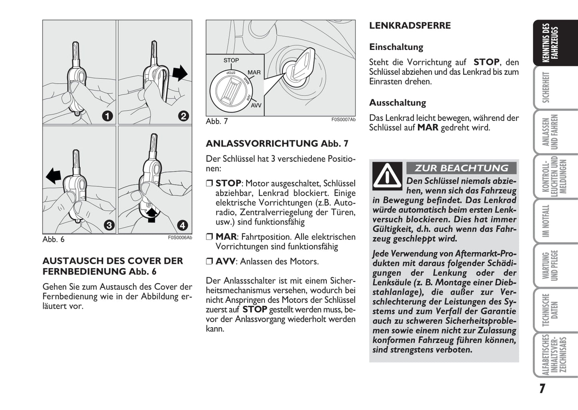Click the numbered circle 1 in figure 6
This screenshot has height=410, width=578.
click(x=107, y=116)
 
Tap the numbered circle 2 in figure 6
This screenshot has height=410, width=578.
click(x=183, y=116)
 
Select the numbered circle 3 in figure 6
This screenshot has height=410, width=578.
click(x=109, y=225)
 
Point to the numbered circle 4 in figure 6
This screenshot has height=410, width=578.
click(x=182, y=225)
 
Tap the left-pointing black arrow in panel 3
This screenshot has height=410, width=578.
click(x=53, y=175)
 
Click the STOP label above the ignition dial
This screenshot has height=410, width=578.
click(x=231, y=60)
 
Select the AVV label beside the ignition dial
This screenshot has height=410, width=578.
click(x=256, y=105)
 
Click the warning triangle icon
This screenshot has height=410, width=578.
click(x=387, y=176)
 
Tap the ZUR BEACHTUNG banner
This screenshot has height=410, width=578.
click(x=461, y=168)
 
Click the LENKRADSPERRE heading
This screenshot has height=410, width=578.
click(x=410, y=26)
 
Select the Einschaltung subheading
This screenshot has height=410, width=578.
click(x=396, y=47)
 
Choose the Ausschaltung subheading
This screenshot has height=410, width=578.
click(x=398, y=103)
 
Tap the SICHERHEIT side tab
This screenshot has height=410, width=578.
click(x=546, y=88)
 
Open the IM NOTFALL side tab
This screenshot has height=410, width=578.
click(x=546, y=221)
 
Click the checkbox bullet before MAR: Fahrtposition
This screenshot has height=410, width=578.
click(x=210, y=237)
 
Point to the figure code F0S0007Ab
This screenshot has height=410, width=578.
click(x=343, y=119)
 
